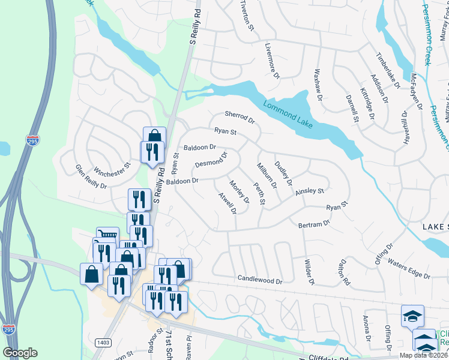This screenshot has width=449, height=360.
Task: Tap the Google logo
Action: coord(20,353)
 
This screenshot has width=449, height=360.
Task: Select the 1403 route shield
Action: coord(102,342)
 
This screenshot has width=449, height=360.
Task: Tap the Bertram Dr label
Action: coord(314,224)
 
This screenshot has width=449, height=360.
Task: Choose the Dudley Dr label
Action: coord(283,173)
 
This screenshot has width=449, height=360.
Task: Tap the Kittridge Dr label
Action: coord(366,95)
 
